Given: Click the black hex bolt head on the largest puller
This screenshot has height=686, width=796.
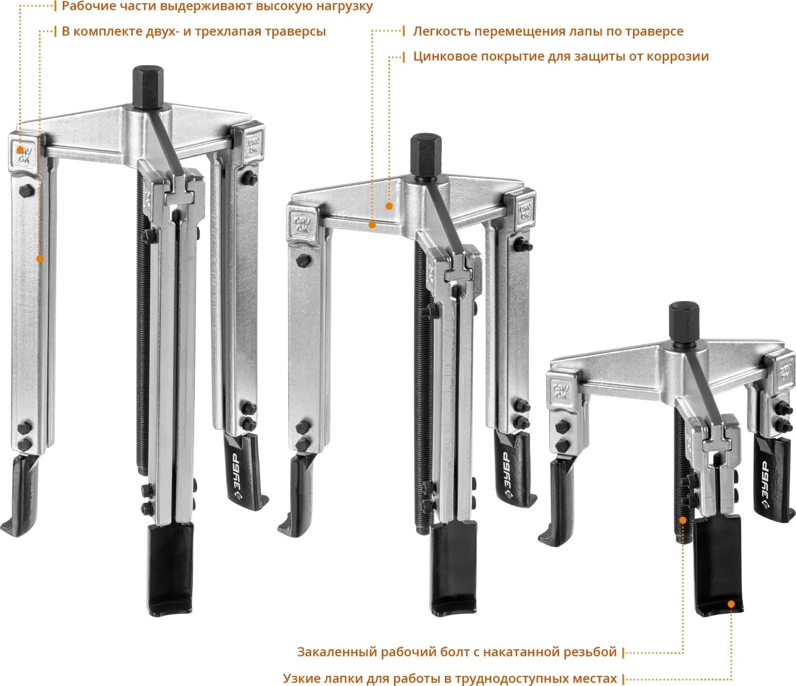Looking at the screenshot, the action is pyautogui.click(x=147, y=87).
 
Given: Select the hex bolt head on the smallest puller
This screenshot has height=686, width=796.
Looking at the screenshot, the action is pyautogui.click(x=684, y=324).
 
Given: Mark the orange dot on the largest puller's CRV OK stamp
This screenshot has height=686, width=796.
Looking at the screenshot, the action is pyautogui.click(x=20, y=150).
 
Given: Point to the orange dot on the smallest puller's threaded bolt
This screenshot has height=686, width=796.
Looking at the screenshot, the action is pyautogui.click(x=683, y=520).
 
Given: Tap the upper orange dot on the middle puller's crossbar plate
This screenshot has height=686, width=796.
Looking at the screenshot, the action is pyautogui.click(x=389, y=206).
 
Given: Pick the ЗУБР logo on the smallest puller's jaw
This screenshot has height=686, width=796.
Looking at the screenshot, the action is pyautogui.click(x=766, y=484).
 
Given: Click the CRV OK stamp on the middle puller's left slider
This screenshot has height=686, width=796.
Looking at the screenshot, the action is pyautogui.click(x=301, y=225).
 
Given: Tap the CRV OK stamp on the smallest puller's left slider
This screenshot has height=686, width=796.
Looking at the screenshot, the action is pyautogui.click(x=560, y=391).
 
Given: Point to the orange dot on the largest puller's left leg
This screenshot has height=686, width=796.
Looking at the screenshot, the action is pyautogui.click(x=40, y=259).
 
